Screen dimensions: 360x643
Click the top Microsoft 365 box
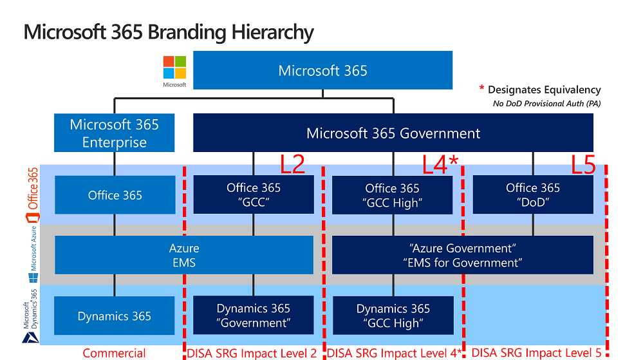click(x=322, y=70)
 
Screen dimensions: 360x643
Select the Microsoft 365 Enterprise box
click(x=115, y=133)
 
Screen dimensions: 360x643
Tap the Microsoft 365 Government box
click(x=393, y=133)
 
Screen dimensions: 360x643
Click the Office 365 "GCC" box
click(x=253, y=194)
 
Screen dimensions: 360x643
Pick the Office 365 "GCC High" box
click(x=392, y=194)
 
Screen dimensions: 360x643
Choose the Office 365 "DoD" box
click(x=532, y=194)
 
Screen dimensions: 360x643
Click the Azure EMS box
click(x=183, y=255)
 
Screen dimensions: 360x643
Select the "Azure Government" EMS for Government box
click(x=462, y=255)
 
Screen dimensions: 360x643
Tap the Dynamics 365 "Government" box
click(x=253, y=316)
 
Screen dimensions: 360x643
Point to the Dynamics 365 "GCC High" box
click(x=392, y=316)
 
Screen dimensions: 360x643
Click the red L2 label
click(x=292, y=166)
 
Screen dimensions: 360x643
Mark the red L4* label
click(x=440, y=166)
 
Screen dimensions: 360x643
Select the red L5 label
click(x=584, y=166)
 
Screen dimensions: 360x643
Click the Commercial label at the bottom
click(x=114, y=353)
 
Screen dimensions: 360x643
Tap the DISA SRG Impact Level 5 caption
click(x=536, y=353)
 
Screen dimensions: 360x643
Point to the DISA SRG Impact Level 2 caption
click(x=252, y=353)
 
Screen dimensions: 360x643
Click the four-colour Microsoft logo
click(x=174, y=67)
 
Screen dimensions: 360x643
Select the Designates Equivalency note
click(x=543, y=90)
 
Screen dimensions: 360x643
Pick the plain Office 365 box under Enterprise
click(x=115, y=195)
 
